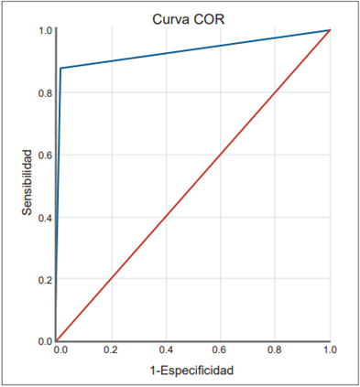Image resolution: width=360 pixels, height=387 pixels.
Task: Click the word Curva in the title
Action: click(170, 17)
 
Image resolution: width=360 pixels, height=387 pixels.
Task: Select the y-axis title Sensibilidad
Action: click(28, 183)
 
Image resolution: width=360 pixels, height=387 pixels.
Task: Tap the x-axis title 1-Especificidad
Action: click(192, 371)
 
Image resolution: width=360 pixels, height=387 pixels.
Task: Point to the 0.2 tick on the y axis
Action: click(45, 279)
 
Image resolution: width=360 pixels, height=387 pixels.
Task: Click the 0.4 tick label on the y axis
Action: click(45, 217)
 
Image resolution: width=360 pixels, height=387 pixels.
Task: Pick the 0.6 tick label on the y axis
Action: click(45, 155)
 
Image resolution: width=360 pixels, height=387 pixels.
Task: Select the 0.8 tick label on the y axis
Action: click(45, 92)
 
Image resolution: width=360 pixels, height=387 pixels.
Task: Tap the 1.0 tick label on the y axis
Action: click(45, 31)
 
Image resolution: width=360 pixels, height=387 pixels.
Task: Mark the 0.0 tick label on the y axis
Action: click(45, 340)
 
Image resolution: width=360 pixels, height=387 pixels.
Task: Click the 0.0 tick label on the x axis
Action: click(59, 350)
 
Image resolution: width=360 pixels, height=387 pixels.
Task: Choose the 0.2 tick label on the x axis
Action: click(111, 350)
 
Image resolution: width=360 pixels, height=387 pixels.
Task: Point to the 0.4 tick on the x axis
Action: click(166, 350)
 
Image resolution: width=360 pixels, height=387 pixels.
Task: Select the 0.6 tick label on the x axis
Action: click(220, 350)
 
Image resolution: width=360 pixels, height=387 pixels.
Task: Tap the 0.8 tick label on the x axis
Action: click(275, 350)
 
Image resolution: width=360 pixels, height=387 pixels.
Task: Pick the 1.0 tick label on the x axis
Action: click(329, 350)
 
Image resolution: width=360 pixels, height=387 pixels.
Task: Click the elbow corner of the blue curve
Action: click(60, 68)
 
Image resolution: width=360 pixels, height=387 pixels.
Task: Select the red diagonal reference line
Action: click(192, 186)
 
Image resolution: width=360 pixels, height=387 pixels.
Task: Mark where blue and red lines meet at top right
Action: click(329, 30)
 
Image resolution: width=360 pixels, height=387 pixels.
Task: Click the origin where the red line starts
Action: click(57, 340)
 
